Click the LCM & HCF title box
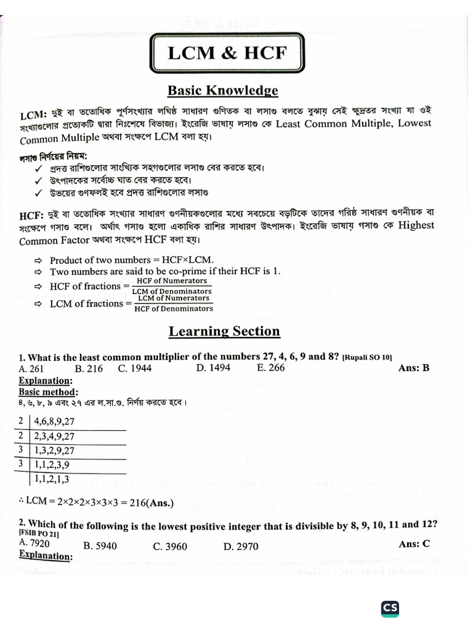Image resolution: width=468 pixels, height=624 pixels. [x=227, y=53]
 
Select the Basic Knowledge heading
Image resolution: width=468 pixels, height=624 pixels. [x=223, y=91]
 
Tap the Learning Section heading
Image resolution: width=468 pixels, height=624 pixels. [x=224, y=331]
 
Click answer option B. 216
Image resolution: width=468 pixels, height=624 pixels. [x=88, y=368]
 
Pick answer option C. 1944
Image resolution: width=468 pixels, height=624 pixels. [x=135, y=368]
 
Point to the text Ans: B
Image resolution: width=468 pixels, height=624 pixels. [x=414, y=368]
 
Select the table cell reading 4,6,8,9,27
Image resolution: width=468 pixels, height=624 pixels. [x=54, y=421]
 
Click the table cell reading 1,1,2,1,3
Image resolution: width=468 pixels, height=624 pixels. [x=54, y=479]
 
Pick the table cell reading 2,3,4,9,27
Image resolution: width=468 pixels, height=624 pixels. [x=54, y=436]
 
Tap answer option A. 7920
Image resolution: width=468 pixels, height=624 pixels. [x=35, y=542]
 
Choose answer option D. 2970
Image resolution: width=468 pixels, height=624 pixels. [x=241, y=547]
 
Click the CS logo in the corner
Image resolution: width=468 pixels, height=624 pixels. [x=390, y=608]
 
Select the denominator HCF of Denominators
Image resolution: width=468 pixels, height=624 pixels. [x=174, y=309]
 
